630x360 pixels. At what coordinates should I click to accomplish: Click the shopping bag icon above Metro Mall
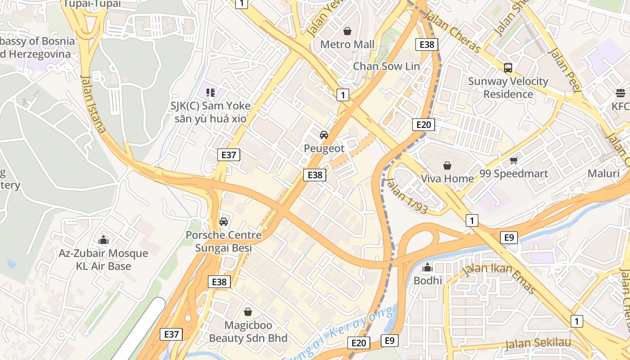pos(347,31)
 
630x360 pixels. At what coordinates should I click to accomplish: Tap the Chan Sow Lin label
pos(386,66)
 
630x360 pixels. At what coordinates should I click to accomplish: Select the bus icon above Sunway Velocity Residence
pos(508,68)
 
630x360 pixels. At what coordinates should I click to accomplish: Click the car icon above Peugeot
pos(324,135)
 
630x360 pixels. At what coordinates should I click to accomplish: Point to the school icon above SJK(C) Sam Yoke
pos(210,93)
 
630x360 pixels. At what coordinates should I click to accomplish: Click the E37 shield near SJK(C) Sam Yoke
pos(229,155)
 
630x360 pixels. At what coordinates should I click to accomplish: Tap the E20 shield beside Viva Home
pos(423,125)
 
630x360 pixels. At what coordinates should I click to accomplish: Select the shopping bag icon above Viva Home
pos(447,166)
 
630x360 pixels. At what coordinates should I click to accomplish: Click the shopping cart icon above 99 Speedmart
pos(513,161)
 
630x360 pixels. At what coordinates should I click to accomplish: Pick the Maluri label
pos(603,174)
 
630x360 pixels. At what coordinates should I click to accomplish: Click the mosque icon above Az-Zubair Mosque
pos(103,240)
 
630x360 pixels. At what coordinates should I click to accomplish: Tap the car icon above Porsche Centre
pos(223,222)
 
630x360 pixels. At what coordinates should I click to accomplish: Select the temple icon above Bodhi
pos(427,268)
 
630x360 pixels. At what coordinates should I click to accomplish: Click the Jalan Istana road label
pos(93,103)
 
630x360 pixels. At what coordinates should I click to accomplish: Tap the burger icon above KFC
pos(621,93)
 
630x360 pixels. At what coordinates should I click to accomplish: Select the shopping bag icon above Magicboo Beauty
pos(248,311)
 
